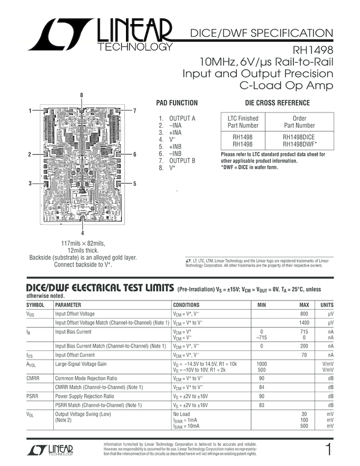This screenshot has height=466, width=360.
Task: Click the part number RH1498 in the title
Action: coord(313,49)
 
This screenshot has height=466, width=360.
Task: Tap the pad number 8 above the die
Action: coord(81,95)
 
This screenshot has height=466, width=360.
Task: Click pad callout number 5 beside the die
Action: coord(134,183)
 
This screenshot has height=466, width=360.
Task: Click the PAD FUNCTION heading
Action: coord(177,103)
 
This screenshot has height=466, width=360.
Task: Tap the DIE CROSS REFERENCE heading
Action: coord(277,103)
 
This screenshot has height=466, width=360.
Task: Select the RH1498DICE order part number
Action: coord(299,137)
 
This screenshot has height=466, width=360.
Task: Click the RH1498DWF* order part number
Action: coord(300,144)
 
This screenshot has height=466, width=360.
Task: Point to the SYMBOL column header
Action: coord(36,305)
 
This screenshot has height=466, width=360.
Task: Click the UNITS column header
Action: coord(327,305)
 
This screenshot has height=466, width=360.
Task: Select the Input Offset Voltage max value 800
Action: coord(304,314)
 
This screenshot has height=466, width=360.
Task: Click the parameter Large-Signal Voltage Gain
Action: coord(81,364)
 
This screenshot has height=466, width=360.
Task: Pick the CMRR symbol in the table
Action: coord(32,378)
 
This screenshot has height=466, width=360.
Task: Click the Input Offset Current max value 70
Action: coord(305,355)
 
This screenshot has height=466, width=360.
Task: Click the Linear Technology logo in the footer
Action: coord(50,451)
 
